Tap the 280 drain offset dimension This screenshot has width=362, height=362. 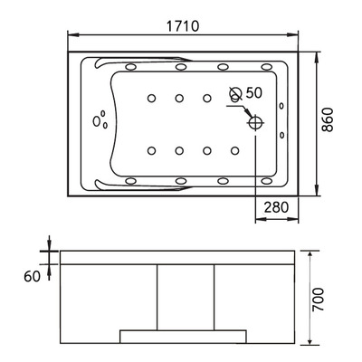pyautogui.click(x=276, y=207)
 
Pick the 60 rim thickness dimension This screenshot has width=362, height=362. pyautogui.click(x=33, y=276)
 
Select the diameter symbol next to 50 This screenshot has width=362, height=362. pyautogui.click(x=235, y=92)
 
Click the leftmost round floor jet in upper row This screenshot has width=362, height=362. pyautogui.click(x=150, y=98)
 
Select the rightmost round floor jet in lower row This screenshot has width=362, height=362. pyautogui.click(x=237, y=151)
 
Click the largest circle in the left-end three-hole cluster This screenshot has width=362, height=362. pyautogui.click(x=96, y=121)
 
